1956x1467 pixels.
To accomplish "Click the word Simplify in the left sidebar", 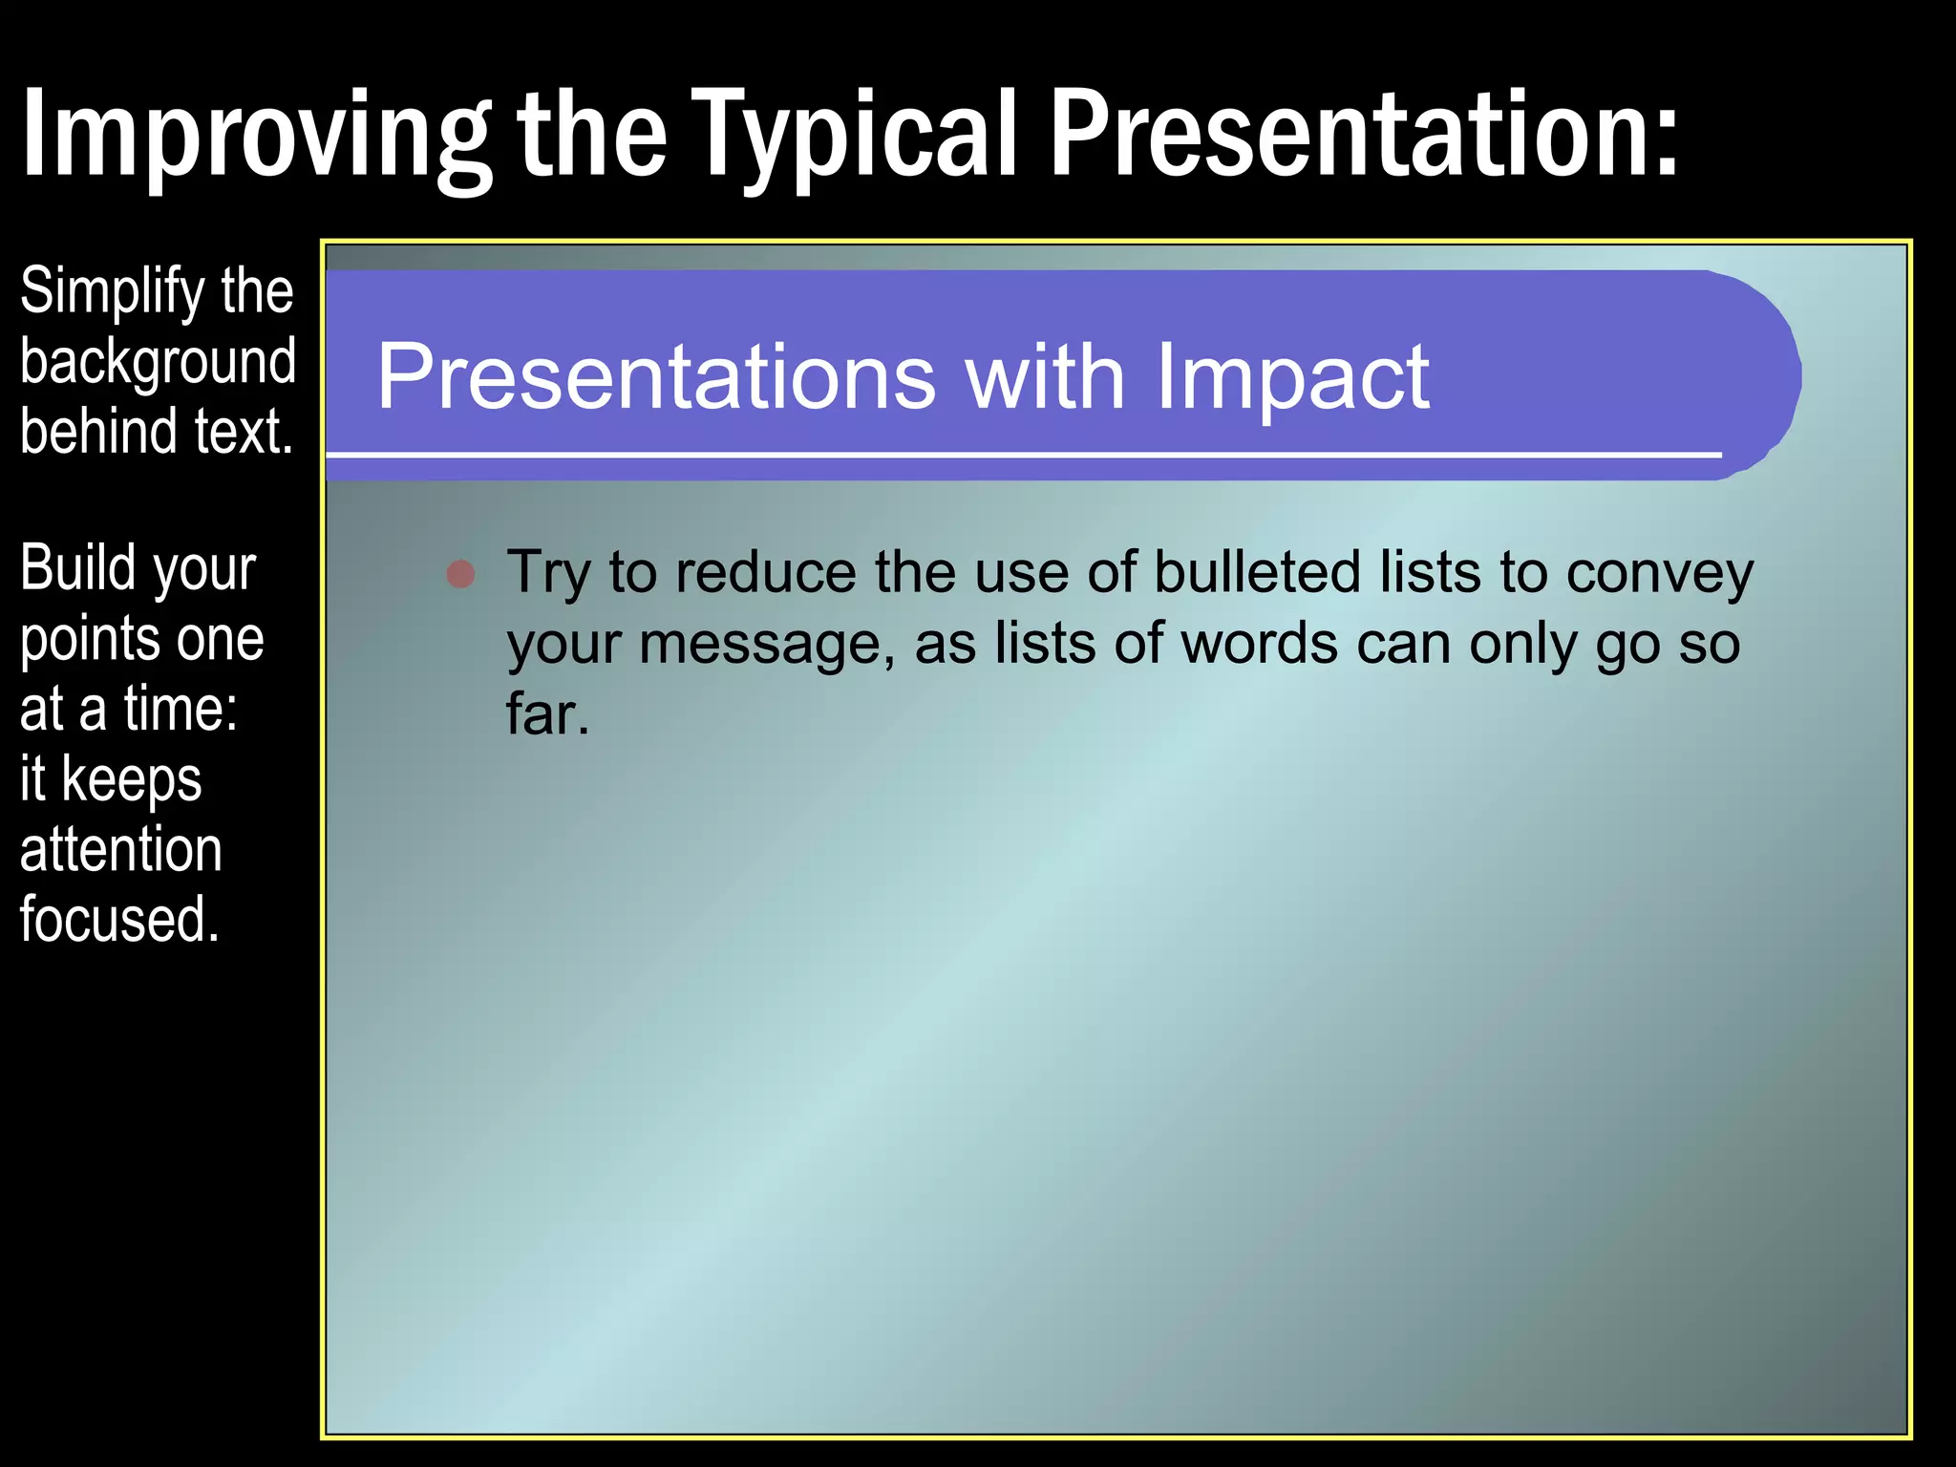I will pos(113,291).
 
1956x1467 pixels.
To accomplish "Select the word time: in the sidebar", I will pos(181,709).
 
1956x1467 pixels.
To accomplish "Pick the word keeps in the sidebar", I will pos(132,779).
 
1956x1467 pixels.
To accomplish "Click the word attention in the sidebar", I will pos(120,849).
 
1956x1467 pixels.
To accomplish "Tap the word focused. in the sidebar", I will pos(119,919).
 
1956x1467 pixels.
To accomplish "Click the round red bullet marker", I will pos(461,573).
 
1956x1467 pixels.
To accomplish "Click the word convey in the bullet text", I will pos(1659,575).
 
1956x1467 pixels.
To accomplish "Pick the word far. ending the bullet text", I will pos(547,714).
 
